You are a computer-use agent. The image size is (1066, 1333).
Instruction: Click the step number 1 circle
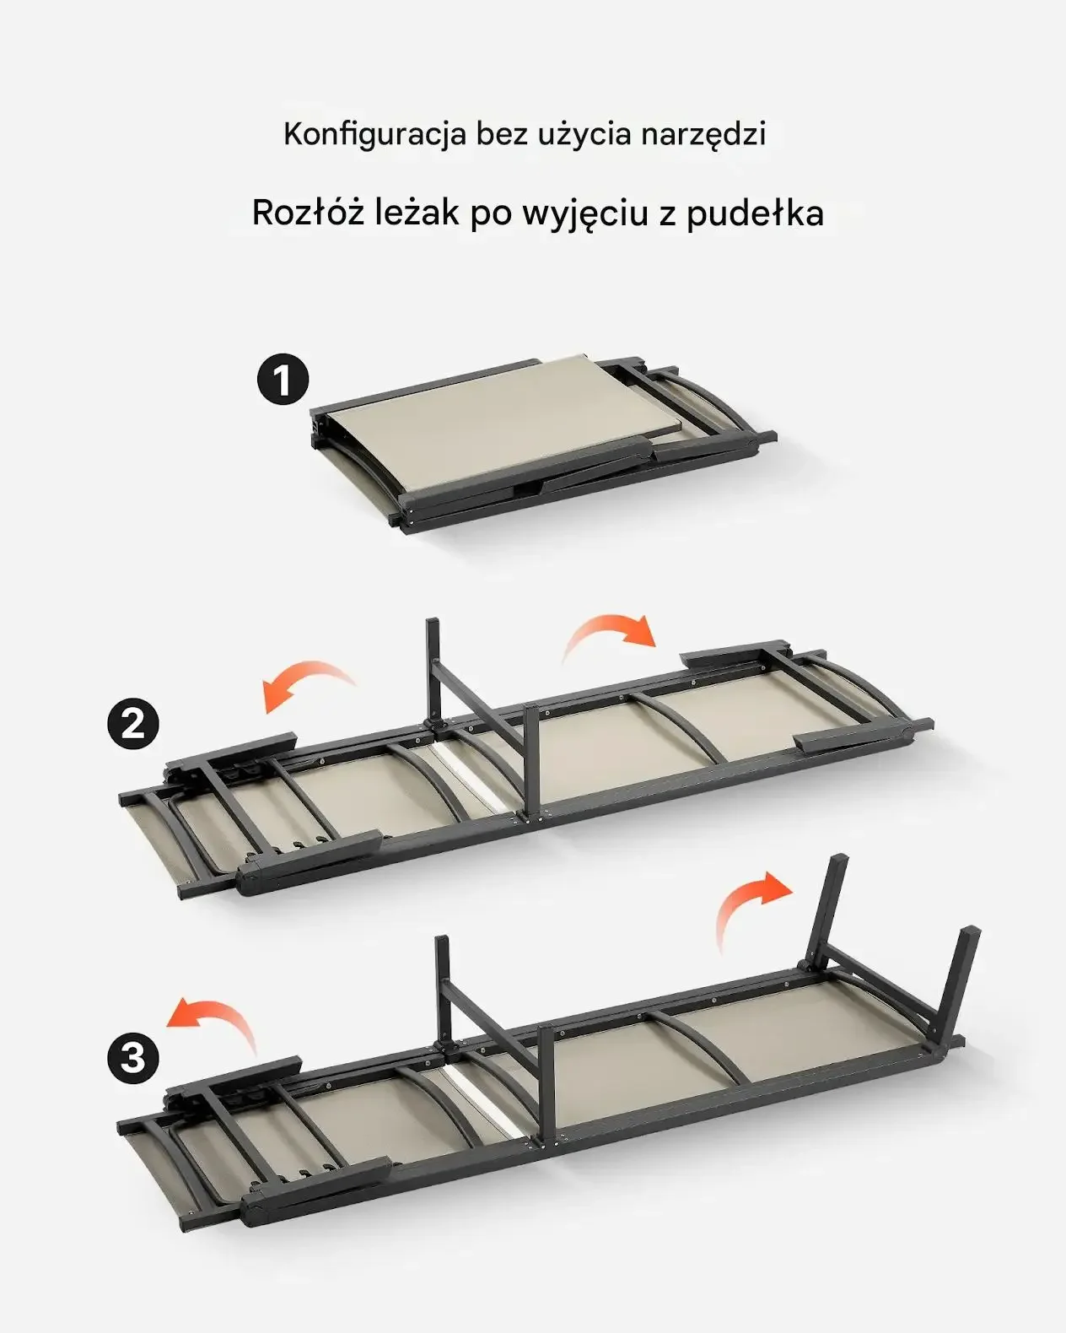click(282, 380)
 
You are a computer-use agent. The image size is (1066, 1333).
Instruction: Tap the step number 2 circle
click(133, 723)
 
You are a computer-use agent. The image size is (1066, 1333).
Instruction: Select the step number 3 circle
click(133, 1056)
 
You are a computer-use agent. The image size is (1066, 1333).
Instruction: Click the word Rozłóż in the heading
click(308, 213)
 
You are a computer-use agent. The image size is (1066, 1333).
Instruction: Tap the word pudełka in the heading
click(754, 213)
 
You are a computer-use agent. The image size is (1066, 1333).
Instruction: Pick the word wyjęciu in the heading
click(585, 214)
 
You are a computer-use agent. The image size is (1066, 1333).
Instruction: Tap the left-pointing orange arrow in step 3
click(213, 1018)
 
